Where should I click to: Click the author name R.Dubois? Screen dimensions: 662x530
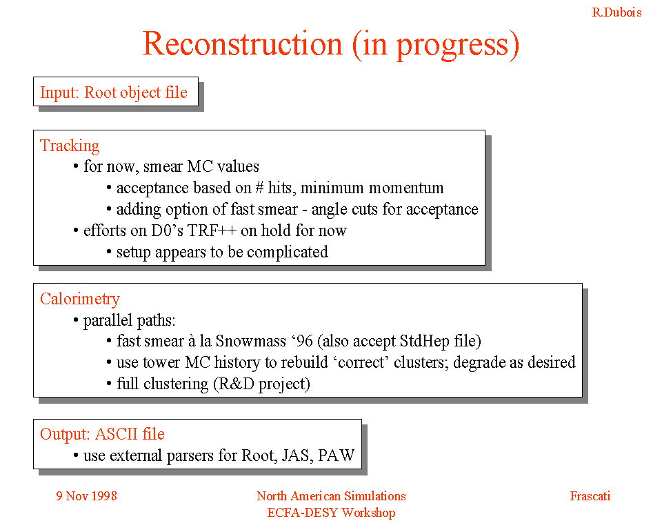pos(616,12)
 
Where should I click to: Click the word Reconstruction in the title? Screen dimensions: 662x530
pos(243,44)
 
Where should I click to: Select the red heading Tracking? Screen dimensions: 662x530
pos(70,146)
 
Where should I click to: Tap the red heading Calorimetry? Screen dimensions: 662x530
pos(80,300)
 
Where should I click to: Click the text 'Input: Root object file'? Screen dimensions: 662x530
pos(114,92)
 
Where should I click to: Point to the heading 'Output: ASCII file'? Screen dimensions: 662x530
pos(102,434)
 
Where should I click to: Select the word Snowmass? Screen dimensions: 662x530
pos(251,341)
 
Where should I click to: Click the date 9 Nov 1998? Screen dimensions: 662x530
pos(87,495)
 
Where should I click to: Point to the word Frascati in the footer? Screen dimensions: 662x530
pos(590,495)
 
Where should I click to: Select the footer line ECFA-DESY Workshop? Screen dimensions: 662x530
pos(332,513)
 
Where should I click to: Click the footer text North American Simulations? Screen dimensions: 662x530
pos(332,495)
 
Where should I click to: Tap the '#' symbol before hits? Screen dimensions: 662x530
pos(259,188)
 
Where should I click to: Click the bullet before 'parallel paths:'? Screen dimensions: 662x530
pos(76,320)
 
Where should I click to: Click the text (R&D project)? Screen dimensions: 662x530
pos(262,384)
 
